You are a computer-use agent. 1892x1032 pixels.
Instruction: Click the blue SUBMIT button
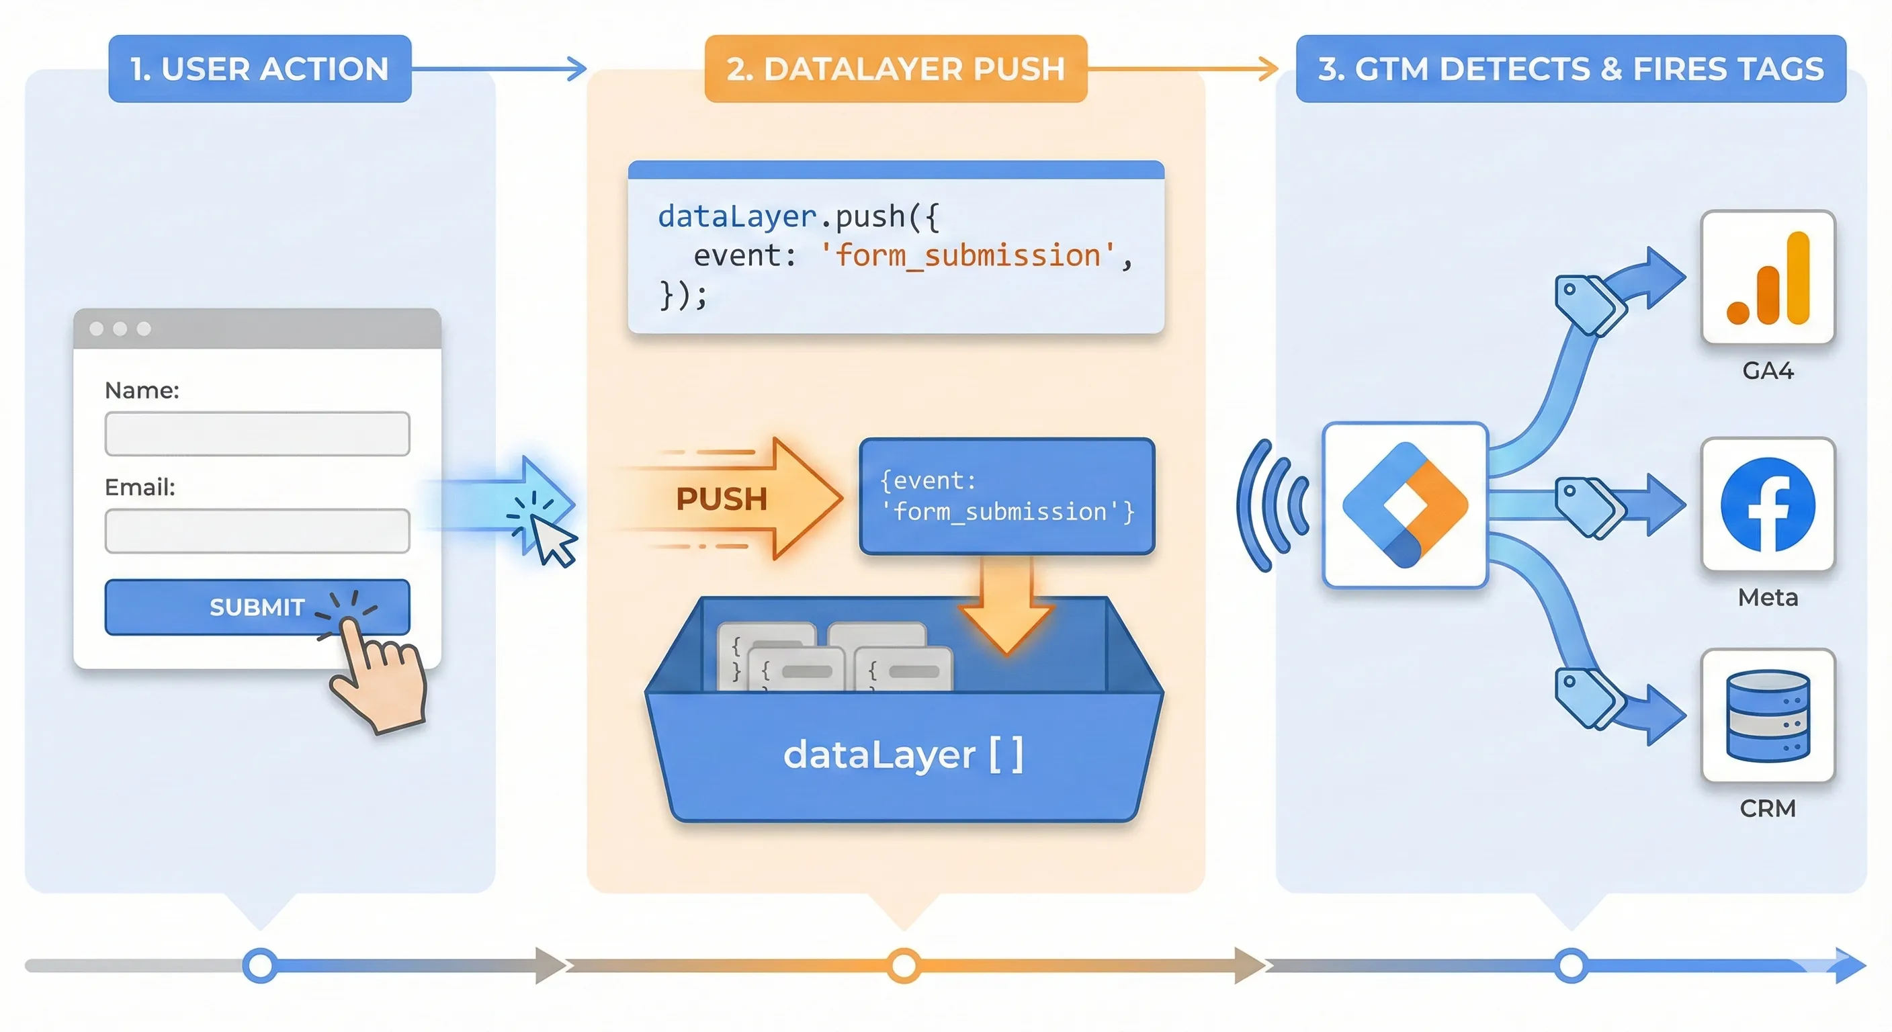coord(257,607)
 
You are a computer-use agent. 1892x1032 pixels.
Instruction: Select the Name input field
coord(257,433)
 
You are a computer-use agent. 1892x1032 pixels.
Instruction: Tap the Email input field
coord(257,530)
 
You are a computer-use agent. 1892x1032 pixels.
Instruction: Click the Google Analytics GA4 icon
coord(1768,277)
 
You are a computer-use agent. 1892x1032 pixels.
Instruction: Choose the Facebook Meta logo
coord(1768,505)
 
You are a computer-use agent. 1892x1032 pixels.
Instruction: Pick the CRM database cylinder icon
coord(1768,716)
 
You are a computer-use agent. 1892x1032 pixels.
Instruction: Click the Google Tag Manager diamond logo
coord(1405,505)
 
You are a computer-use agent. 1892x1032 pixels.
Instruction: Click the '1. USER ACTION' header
coord(259,69)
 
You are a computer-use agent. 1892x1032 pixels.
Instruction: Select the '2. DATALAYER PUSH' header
coord(896,69)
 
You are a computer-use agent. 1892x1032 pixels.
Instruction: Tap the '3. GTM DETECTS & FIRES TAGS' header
coord(1570,69)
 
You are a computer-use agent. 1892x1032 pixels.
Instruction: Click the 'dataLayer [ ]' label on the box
coord(904,755)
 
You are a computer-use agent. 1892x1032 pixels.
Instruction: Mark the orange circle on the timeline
coord(904,965)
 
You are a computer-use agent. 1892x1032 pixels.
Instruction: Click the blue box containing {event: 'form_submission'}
coord(1007,496)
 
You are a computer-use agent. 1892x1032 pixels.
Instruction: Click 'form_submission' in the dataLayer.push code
coord(967,255)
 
